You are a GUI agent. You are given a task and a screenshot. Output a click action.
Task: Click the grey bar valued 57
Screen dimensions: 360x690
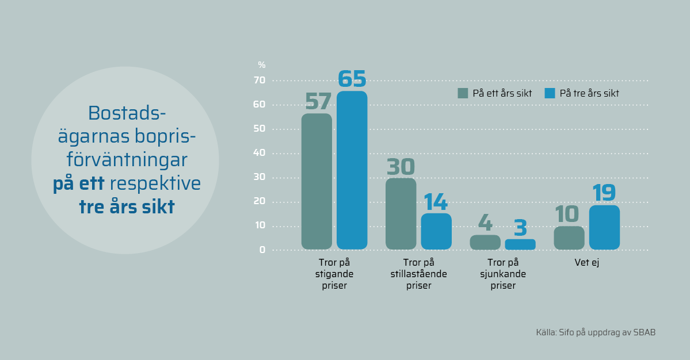317,181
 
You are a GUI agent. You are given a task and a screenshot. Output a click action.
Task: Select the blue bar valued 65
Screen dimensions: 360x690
352,170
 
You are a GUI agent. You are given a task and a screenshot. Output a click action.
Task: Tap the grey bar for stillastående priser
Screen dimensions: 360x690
401,213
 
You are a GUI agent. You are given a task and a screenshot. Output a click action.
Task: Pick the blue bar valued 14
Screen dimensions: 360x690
436,231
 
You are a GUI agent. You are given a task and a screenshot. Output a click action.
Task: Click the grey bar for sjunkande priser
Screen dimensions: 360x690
485,242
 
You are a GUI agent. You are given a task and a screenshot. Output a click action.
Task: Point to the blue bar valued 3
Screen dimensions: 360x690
520,244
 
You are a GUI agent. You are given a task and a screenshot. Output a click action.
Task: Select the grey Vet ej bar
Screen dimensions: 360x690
569,238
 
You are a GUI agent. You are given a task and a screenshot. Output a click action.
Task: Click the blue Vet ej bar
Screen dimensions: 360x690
604,227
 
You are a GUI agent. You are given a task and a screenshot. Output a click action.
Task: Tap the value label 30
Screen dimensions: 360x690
401,167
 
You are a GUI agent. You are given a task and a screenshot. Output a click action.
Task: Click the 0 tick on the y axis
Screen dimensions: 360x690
262,250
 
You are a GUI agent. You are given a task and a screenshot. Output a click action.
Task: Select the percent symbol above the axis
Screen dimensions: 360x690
262,65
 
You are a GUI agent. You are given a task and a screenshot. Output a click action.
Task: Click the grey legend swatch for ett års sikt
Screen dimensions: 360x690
463,93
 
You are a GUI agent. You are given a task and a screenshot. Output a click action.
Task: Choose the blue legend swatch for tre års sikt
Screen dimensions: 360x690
550,93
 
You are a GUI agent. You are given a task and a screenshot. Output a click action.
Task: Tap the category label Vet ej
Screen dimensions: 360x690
587,262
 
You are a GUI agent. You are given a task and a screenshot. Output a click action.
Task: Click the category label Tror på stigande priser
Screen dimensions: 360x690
334,274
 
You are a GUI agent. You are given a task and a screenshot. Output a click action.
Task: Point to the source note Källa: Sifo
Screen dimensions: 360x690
596,332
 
